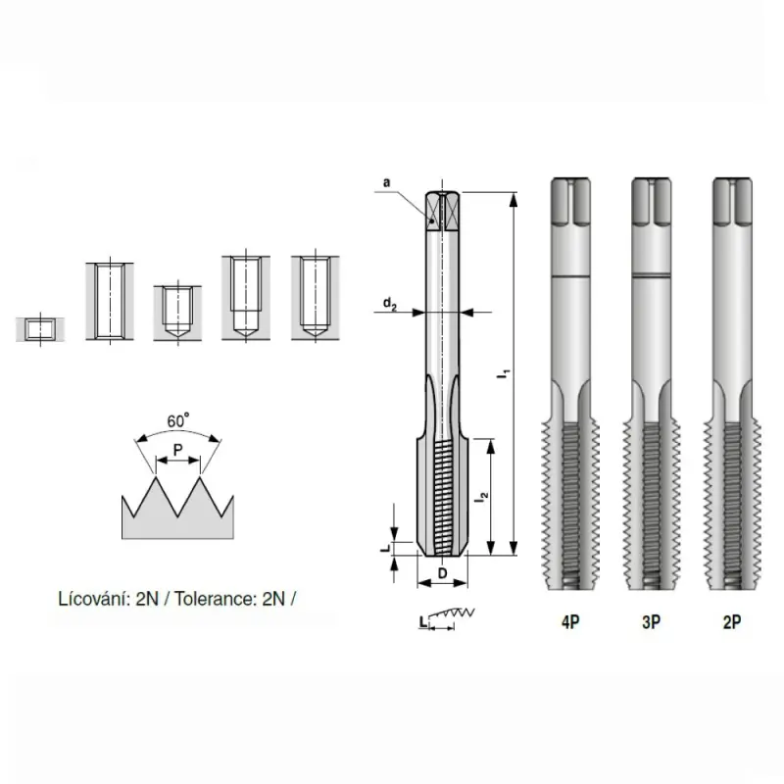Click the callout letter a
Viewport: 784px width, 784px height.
pos(387,182)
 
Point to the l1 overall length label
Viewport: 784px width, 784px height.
pos(505,372)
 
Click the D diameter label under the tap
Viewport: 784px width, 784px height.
pos(443,572)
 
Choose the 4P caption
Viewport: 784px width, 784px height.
pos(569,622)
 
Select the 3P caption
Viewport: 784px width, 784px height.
pos(651,622)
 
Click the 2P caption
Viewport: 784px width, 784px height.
pos(731,622)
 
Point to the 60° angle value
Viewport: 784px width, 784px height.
pos(178,419)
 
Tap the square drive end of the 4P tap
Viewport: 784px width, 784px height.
pos(569,204)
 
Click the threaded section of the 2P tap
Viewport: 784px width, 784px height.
pos(730,500)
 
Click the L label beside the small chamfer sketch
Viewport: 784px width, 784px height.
pos(421,622)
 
